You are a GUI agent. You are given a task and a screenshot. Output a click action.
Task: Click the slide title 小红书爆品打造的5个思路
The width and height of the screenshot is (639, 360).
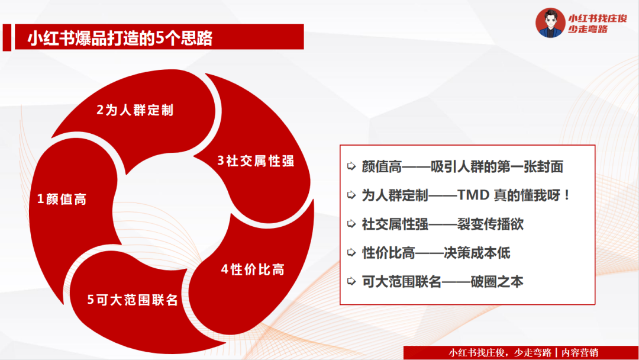click(120, 40)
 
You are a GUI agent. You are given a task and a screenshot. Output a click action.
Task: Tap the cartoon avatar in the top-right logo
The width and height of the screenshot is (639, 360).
click(550, 23)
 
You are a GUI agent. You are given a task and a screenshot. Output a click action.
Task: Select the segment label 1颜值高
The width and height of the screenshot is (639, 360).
click(62, 199)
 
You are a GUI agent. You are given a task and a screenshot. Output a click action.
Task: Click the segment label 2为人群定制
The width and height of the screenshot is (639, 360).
click(135, 110)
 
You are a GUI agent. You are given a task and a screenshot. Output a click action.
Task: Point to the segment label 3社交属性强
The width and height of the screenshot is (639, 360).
click(256, 161)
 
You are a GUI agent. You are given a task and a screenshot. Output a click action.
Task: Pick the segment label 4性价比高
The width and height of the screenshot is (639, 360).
click(253, 269)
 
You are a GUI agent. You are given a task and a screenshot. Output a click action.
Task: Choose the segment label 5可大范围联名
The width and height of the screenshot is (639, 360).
click(133, 300)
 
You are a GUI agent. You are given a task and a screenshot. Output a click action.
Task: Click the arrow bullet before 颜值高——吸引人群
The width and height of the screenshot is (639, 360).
click(351, 167)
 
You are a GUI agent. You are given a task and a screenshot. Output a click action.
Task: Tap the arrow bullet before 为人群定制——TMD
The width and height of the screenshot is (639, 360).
click(351, 195)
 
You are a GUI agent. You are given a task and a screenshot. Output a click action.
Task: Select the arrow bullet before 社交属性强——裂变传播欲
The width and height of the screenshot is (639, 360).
click(351, 224)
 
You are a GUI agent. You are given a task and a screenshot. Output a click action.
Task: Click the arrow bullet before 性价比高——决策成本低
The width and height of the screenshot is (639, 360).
click(351, 253)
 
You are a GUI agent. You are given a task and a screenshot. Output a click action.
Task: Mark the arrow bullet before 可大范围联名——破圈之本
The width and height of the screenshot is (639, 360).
click(351, 282)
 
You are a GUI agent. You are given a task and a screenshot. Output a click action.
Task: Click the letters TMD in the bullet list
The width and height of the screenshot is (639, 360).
click(467, 195)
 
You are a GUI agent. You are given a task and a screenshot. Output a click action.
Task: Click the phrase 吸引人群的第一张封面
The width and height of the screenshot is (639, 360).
click(496, 167)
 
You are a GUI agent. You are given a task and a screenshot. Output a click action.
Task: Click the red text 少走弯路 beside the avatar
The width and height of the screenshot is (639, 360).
click(588, 30)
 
